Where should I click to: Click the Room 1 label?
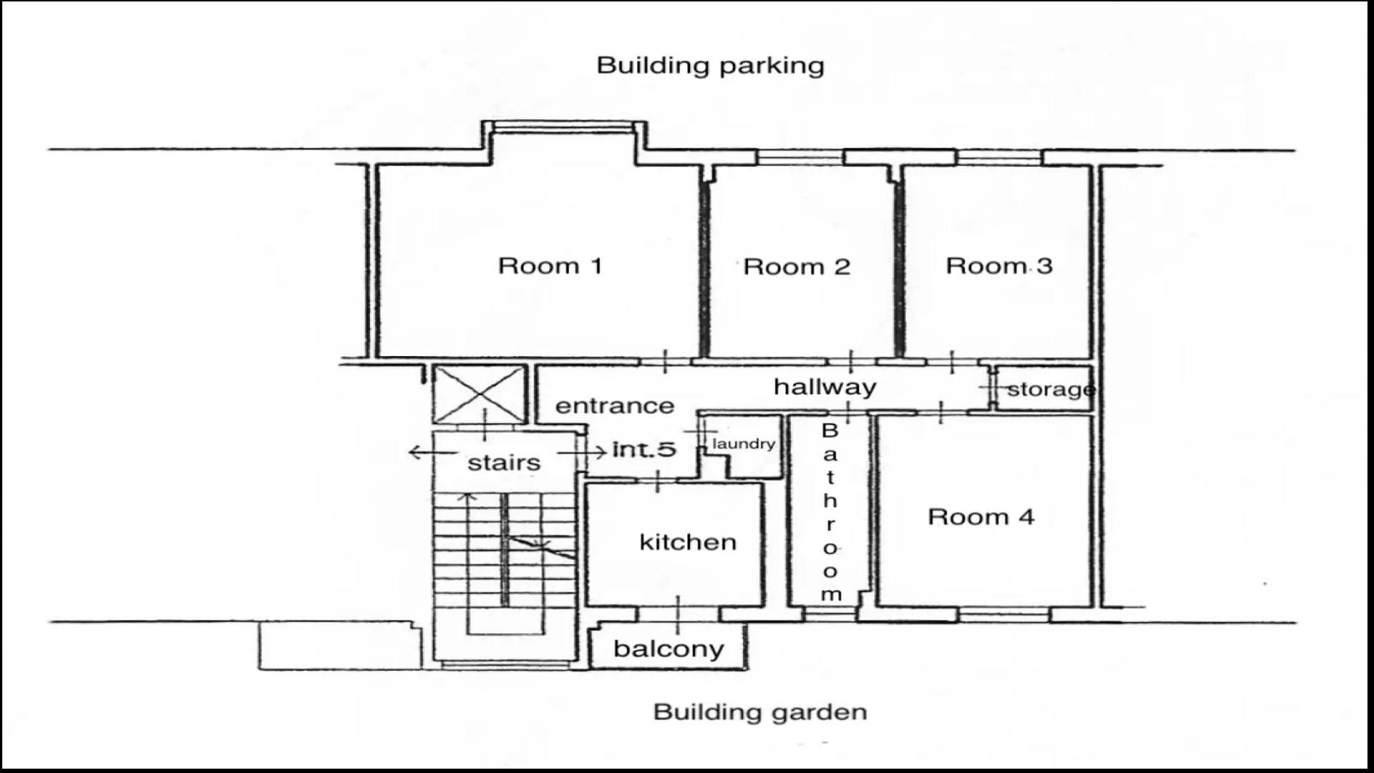[550, 265]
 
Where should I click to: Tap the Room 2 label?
[797, 267]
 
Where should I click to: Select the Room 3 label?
[998, 265]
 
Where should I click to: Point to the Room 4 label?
[981, 517]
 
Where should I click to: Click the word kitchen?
[688, 542]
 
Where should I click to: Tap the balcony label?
[668, 649]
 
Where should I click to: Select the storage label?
[1050, 389]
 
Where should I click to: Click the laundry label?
[744, 443]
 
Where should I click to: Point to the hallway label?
[825, 386]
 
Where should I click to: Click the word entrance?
[614, 405]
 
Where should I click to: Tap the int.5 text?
[644, 450]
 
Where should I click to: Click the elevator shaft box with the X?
[479, 394]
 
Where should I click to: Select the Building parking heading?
[710, 65]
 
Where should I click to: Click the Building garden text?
[760, 711]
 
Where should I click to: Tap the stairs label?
[504, 463]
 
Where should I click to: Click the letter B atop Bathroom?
[830, 431]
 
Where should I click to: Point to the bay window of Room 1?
[564, 129]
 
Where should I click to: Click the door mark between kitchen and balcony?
[678, 614]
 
